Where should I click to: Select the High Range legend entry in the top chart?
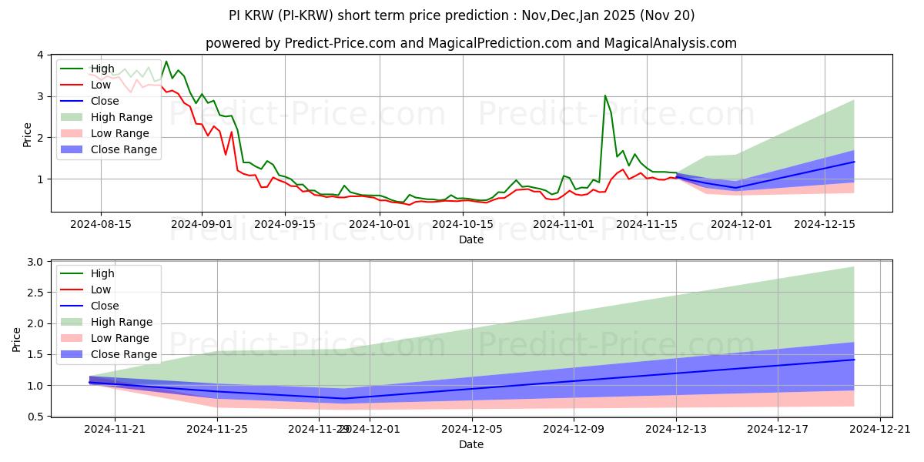pos(122,117)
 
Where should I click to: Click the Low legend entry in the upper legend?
pos(101,85)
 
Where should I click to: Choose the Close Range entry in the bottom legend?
pos(124,354)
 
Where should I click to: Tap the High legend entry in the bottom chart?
pos(102,273)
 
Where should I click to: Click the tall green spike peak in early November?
pos(605,95)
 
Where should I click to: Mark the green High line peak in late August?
pos(166,62)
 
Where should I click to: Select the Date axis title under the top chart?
pos(470,239)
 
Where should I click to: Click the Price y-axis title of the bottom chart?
pos(17,339)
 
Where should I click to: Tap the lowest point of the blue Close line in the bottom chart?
pos(344,398)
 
